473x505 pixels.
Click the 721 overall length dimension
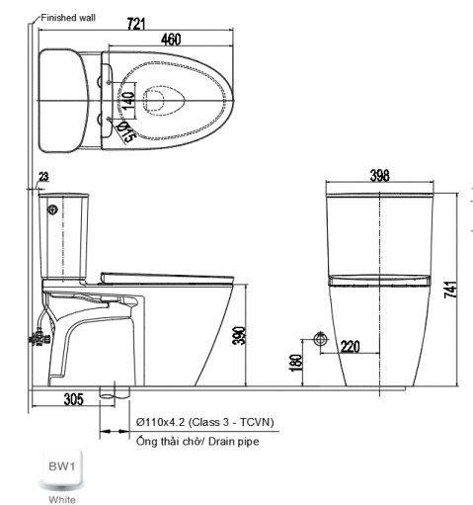pos(136,24)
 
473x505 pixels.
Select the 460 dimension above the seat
pos(171,40)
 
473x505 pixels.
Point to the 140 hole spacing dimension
pos(128,101)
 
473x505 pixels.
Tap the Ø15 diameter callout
pos(126,131)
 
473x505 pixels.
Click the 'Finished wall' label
pos(68,18)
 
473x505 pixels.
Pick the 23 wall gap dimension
pos(43,177)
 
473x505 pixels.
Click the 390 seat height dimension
pos(239,336)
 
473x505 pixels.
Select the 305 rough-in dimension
pos(74,399)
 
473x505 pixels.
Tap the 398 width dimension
pos(379,176)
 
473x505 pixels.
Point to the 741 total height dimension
pos(451,290)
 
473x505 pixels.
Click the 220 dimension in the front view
pos(350,347)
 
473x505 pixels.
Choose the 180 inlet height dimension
pos(295,363)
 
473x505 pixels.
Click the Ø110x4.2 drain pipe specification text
pos(205,422)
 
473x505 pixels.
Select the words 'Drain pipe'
pos(234,441)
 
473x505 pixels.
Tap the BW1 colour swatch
pos(61,468)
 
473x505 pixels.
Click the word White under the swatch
pos(62,499)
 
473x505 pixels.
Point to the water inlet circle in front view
pos(320,339)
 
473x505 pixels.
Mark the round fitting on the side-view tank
pos(52,210)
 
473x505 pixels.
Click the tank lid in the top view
pos(64,101)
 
